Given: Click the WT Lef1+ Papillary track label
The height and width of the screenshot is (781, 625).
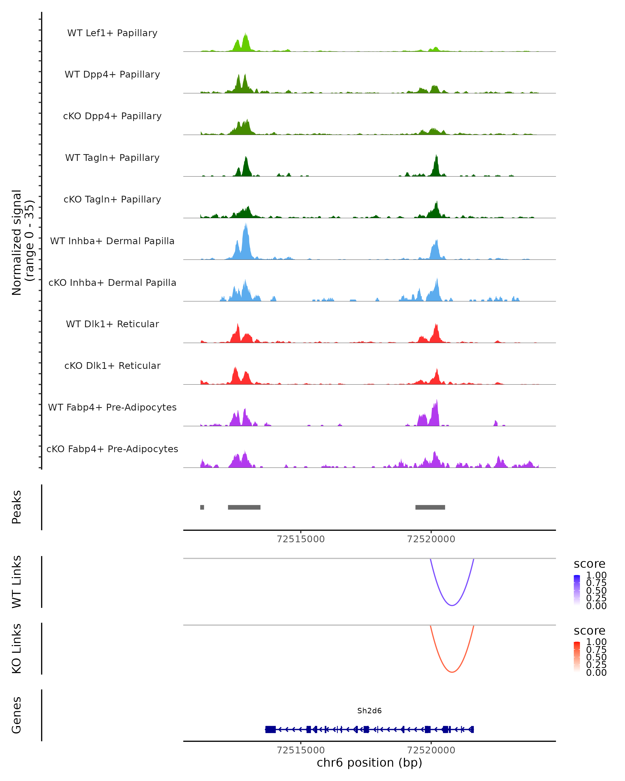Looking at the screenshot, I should click(112, 33).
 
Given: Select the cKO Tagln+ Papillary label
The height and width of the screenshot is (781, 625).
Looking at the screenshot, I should click(112, 199).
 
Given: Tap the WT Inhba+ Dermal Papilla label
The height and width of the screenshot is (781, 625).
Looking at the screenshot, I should click(112, 241).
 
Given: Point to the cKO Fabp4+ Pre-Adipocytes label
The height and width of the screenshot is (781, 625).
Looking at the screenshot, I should click(112, 449).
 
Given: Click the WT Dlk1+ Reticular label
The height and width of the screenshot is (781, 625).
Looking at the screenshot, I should click(112, 324).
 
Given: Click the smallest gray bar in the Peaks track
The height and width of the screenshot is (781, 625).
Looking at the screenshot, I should click(202, 507).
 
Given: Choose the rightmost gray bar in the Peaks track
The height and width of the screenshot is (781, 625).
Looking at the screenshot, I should click(430, 507).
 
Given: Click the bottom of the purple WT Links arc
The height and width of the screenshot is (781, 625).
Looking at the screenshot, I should click(452, 605).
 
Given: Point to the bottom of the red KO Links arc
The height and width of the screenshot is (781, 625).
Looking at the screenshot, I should click(452, 672).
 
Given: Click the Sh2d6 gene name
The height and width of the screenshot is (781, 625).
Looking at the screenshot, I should click(369, 711).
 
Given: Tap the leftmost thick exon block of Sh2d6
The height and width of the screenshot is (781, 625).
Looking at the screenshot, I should click(270, 729).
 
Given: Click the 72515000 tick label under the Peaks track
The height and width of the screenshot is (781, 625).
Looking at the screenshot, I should click(301, 539).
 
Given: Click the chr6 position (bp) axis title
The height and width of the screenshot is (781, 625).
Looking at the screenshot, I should click(369, 763).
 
